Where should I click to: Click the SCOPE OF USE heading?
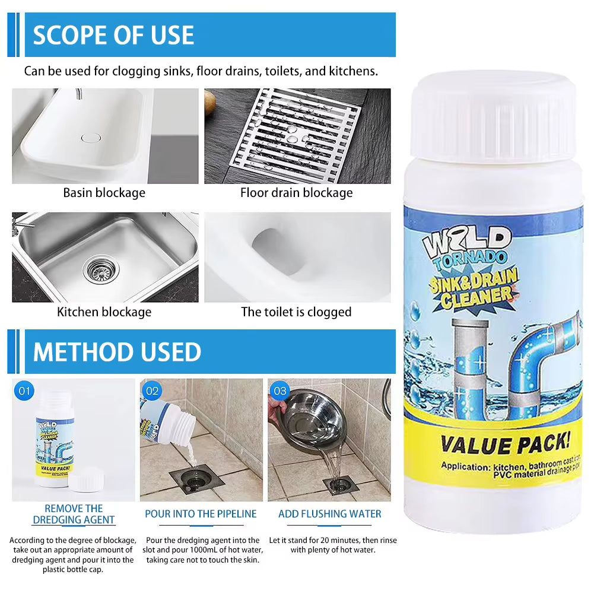(x=113, y=35)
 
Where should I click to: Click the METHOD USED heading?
(x=117, y=352)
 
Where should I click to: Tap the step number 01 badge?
(x=25, y=391)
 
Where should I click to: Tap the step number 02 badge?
(x=153, y=391)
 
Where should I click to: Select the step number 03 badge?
(x=279, y=391)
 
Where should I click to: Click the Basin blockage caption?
(x=104, y=193)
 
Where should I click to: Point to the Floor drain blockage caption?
(x=296, y=193)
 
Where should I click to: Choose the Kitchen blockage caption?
(x=104, y=312)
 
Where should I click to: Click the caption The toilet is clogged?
(x=296, y=312)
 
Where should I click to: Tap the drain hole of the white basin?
(x=91, y=138)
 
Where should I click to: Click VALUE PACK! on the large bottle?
(x=504, y=444)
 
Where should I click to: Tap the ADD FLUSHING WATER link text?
(x=330, y=514)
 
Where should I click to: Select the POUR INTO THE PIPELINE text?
(x=201, y=514)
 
